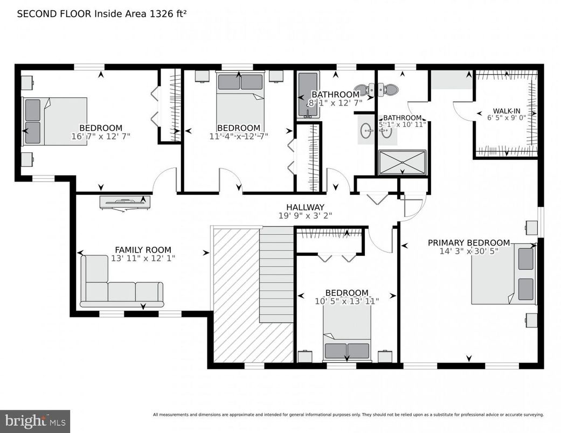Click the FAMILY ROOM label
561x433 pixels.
[x=143, y=250]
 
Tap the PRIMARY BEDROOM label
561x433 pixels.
[x=468, y=243]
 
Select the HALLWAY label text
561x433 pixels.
[x=305, y=207]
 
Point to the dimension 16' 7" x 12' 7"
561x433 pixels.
[x=101, y=136]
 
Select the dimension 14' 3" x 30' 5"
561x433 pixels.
[x=468, y=251]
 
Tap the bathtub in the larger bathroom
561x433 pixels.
[x=308, y=94]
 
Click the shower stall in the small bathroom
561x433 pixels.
[x=402, y=162]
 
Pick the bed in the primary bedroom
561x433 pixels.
[x=503, y=274]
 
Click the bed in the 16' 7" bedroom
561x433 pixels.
[x=54, y=121]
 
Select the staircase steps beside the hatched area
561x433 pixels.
[x=277, y=275]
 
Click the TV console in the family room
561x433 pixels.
[x=124, y=202]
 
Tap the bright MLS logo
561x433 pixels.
[x=35, y=421]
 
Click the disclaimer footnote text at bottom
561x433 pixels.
[x=348, y=415]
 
